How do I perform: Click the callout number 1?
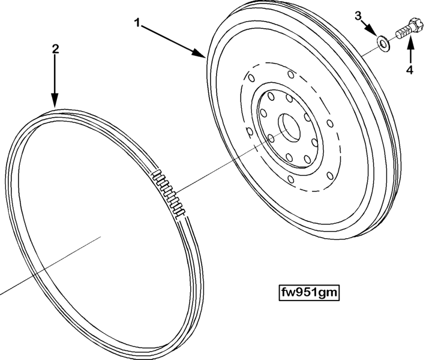tap(138, 23)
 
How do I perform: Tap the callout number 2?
tap(55, 49)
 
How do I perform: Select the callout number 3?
tap(358, 16)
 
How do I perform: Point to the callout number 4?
tap(410, 70)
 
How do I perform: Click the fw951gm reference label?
tap(310, 293)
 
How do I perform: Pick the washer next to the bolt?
tap(383, 43)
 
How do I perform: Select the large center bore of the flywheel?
tap(289, 127)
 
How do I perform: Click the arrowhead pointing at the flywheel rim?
tap(199, 52)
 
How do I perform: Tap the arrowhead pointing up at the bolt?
tap(410, 42)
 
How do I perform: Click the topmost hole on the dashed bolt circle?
tap(291, 74)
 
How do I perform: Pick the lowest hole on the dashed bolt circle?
tap(291, 179)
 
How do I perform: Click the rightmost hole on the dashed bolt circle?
tap(330, 124)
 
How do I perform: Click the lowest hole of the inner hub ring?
tap(289, 157)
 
